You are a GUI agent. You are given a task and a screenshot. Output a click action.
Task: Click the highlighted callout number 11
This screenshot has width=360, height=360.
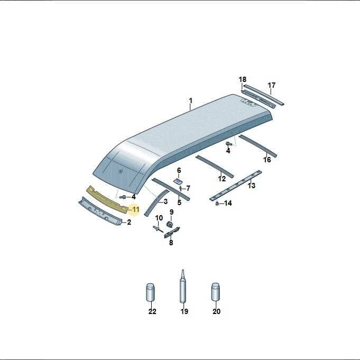pyautogui.click(x=136, y=210)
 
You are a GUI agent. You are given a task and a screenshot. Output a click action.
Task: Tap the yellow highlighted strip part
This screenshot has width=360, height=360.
pyautogui.click(x=107, y=200)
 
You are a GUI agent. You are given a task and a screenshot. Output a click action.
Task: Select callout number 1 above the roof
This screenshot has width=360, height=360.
pyautogui.click(x=190, y=101)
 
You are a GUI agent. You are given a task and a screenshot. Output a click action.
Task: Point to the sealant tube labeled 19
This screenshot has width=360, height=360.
pyautogui.click(x=183, y=287)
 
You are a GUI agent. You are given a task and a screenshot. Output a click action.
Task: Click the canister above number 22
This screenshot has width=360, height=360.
pyautogui.click(x=150, y=292)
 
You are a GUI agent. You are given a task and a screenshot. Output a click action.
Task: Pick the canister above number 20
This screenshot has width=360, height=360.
pyautogui.click(x=216, y=292)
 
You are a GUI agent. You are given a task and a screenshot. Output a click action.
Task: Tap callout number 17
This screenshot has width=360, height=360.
pyautogui.click(x=272, y=86)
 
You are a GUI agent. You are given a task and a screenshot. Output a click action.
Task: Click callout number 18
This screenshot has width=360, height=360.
pyautogui.click(x=243, y=79)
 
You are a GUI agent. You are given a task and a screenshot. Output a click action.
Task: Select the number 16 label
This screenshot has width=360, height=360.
pyautogui.click(x=267, y=160)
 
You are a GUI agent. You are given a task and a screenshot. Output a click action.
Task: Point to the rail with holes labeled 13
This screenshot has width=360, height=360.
pyautogui.click(x=236, y=186)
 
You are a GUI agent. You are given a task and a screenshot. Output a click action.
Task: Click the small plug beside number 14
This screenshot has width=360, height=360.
pyautogui.click(x=217, y=204)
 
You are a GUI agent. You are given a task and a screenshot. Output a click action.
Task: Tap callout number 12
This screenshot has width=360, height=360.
pyautogui.click(x=222, y=179)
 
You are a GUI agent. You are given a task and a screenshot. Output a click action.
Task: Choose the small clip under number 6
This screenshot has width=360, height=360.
pyautogui.click(x=178, y=181)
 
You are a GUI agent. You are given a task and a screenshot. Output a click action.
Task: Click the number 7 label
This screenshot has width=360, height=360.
pyautogui.click(x=188, y=189)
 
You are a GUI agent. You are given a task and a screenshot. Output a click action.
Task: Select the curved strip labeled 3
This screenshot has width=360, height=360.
pyautogui.click(x=156, y=202)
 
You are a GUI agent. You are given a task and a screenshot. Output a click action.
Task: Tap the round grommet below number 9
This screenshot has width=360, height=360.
pyautogui.click(x=170, y=224)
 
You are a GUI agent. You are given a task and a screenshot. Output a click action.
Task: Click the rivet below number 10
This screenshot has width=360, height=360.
pyautogui.click(x=158, y=229)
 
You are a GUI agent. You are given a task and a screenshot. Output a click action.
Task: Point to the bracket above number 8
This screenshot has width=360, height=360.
pyautogui.click(x=172, y=232)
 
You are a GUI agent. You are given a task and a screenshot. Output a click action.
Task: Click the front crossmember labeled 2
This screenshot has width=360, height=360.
pyautogui.click(x=100, y=211)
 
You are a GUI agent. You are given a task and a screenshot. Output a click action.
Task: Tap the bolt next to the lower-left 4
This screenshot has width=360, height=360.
pyautogui.click(x=123, y=197)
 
